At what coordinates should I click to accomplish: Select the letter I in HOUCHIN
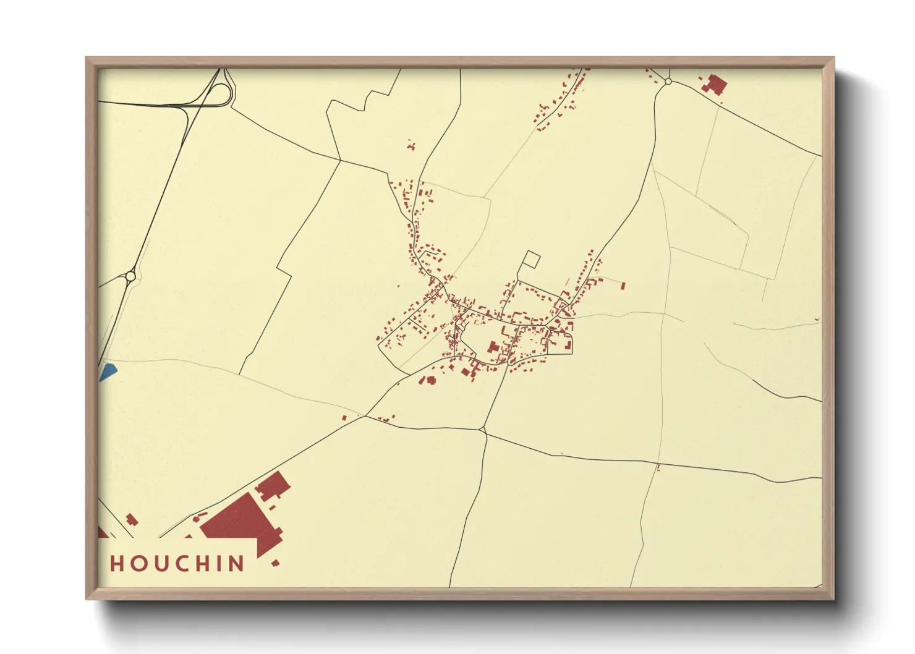[x=217, y=563]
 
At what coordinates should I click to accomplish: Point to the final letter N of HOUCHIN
[x=236, y=563]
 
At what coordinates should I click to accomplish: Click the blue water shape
[x=108, y=372]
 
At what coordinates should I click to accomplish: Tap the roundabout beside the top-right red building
[x=668, y=82]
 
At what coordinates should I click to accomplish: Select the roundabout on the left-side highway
[x=130, y=276]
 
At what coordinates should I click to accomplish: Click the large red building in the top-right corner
[x=717, y=84]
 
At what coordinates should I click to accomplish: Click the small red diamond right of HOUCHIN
[x=275, y=563]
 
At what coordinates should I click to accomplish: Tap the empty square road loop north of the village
[x=531, y=260]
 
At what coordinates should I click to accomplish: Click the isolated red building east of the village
[x=623, y=286]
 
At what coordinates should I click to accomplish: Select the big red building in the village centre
[x=493, y=347]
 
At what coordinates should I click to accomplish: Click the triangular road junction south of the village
[x=483, y=430]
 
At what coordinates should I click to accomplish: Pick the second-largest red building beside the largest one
[x=273, y=485]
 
